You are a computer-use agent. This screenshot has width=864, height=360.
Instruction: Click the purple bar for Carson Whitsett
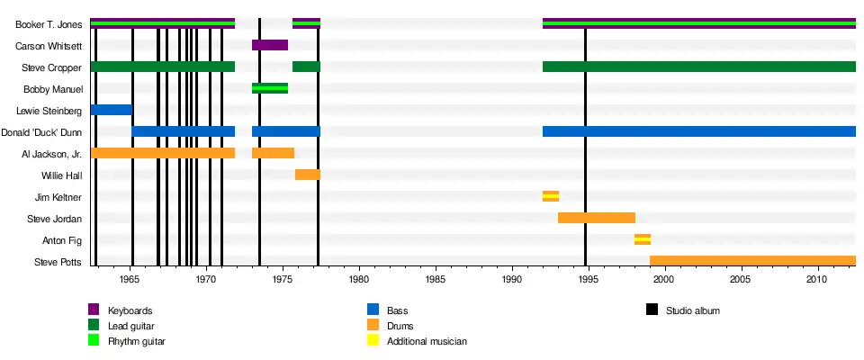tap(270, 45)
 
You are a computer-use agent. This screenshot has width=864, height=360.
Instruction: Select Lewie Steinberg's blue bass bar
tap(112, 110)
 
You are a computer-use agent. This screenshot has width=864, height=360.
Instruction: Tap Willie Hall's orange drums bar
tap(307, 175)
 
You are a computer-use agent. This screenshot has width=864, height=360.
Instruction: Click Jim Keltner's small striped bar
tap(550, 196)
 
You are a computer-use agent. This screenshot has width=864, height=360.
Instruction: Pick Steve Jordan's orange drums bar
tap(596, 218)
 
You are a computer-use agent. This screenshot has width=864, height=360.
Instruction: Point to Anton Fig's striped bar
tap(642, 239)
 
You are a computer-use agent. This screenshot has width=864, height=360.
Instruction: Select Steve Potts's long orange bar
tap(751, 261)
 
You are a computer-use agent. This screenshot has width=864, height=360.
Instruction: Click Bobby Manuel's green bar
tap(270, 88)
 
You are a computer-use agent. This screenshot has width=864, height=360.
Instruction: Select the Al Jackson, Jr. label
tap(51, 154)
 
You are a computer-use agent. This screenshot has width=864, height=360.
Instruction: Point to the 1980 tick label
tap(359, 280)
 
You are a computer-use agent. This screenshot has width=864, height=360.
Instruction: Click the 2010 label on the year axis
tap(817, 280)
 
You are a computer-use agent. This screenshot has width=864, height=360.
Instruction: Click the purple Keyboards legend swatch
tap(94, 310)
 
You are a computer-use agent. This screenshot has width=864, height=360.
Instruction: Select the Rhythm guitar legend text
tap(137, 341)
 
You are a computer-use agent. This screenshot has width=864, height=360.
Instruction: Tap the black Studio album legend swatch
tap(652, 310)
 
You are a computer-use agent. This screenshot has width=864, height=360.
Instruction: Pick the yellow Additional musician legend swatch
tap(373, 341)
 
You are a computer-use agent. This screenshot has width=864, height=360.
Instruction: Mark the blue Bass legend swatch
tap(373, 310)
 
